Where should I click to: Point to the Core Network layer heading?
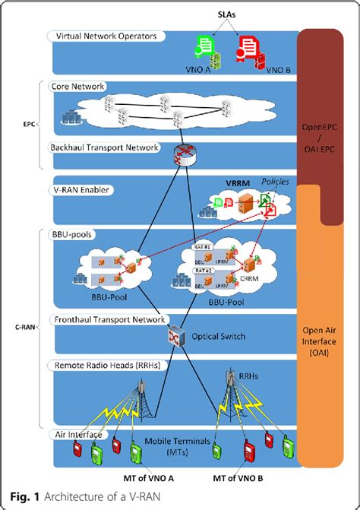click(77, 87)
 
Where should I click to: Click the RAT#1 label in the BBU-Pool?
click(204, 248)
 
